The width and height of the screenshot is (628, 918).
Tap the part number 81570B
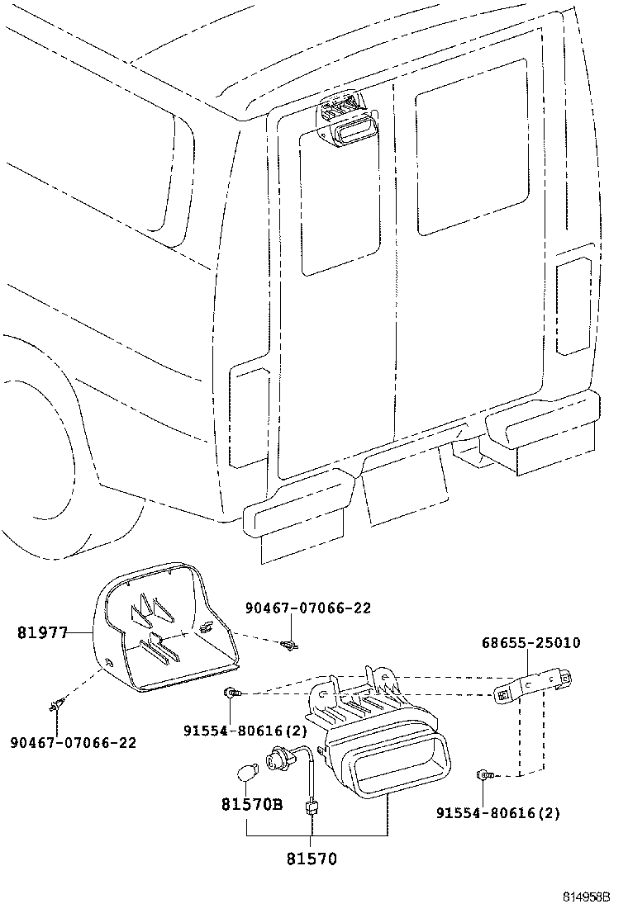pos(252,803)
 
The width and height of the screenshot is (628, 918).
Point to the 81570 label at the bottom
pos(312,859)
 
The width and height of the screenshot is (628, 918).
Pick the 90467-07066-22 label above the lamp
pos(307,608)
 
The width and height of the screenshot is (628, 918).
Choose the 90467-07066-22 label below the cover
pos(73,742)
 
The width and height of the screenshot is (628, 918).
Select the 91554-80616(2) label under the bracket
pos(498,813)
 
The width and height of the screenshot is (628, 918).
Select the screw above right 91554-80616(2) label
pos(485,774)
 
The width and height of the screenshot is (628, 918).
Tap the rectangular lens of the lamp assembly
pos(402,759)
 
